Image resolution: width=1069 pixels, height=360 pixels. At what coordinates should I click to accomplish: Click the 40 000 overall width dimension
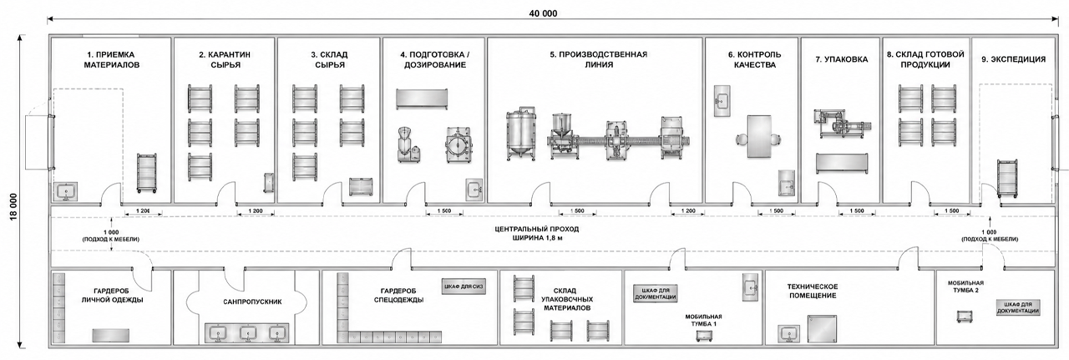tap(543, 13)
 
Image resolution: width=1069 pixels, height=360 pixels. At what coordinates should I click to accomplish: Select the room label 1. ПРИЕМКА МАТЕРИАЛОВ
tap(112, 59)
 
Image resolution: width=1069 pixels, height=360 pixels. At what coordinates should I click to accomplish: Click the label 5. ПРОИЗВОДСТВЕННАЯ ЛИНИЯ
tap(599, 59)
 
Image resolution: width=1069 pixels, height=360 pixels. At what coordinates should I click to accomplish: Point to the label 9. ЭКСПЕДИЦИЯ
tap(1014, 59)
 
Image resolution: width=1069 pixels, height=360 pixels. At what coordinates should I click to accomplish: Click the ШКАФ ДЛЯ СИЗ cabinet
tap(463, 287)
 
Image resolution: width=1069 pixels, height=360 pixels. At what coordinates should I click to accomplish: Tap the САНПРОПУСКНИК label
tap(252, 302)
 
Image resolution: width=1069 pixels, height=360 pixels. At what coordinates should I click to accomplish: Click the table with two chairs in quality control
tap(758, 136)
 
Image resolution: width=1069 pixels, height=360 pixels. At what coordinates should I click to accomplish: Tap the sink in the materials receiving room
tap(65, 192)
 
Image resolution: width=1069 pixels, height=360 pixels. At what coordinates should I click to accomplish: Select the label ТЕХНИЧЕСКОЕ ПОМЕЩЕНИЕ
tap(813, 291)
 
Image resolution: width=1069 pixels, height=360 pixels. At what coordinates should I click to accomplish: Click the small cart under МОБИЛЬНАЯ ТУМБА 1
tap(704, 337)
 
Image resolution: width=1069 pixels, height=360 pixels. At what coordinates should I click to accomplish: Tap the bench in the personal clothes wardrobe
tap(111, 335)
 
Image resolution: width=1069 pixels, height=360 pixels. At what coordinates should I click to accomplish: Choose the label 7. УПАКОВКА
tap(841, 59)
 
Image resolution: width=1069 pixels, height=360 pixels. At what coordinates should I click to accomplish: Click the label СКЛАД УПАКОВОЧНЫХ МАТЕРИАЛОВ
tap(566, 299)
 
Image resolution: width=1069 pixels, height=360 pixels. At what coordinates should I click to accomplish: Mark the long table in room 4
tap(422, 99)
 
